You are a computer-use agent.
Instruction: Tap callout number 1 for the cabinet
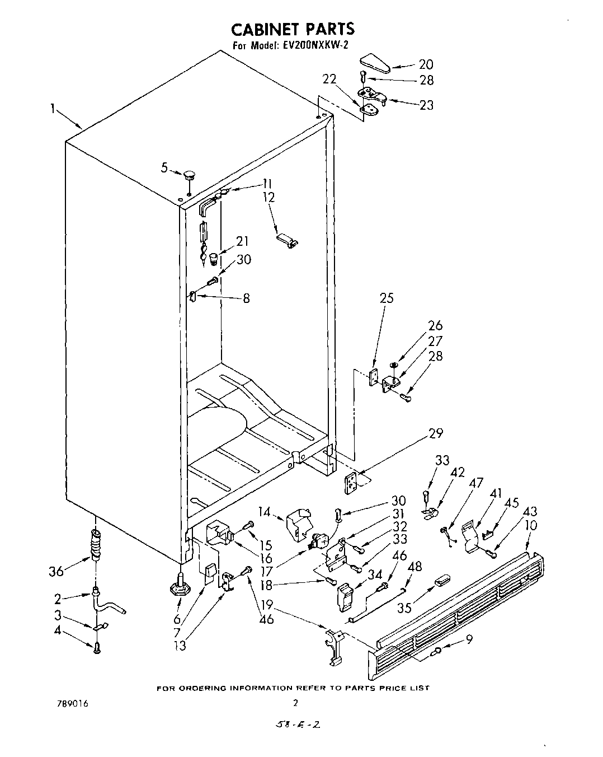click(53, 109)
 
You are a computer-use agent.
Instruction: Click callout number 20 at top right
click(426, 64)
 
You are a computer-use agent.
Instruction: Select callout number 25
click(387, 298)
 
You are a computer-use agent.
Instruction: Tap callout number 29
click(435, 433)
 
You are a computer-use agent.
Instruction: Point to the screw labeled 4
click(97, 648)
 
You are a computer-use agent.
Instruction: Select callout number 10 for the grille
click(531, 526)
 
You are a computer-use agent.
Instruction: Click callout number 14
click(265, 511)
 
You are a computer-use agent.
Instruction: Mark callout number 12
click(269, 197)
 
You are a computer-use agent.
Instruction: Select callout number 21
click(242, 241)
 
